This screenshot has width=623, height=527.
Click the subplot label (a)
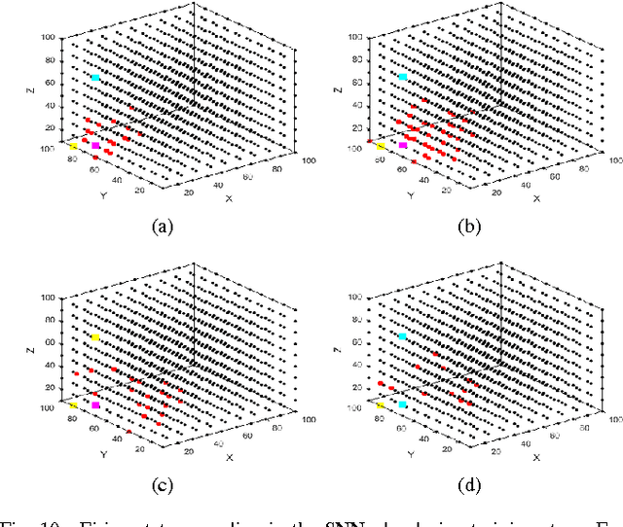[x=162, y=228]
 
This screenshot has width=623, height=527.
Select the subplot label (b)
[x=468, y=228]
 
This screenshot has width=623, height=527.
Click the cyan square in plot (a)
[x=95, y=78]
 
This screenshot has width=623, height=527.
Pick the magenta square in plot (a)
[x=95, y=146]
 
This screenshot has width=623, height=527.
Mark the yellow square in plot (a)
[x=73, y=147]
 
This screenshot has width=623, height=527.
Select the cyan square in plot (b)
[x=403, y=77]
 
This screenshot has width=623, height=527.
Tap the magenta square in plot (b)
[x=403, y=146]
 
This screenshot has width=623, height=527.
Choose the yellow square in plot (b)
[x=381, y=147]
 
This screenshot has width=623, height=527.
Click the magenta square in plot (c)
[x=95, y=404]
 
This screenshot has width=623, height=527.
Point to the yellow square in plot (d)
[x=381, y=405]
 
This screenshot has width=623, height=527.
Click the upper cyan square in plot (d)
[x=403, y=336]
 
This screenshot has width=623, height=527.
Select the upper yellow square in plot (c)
[x=95, y=337]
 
